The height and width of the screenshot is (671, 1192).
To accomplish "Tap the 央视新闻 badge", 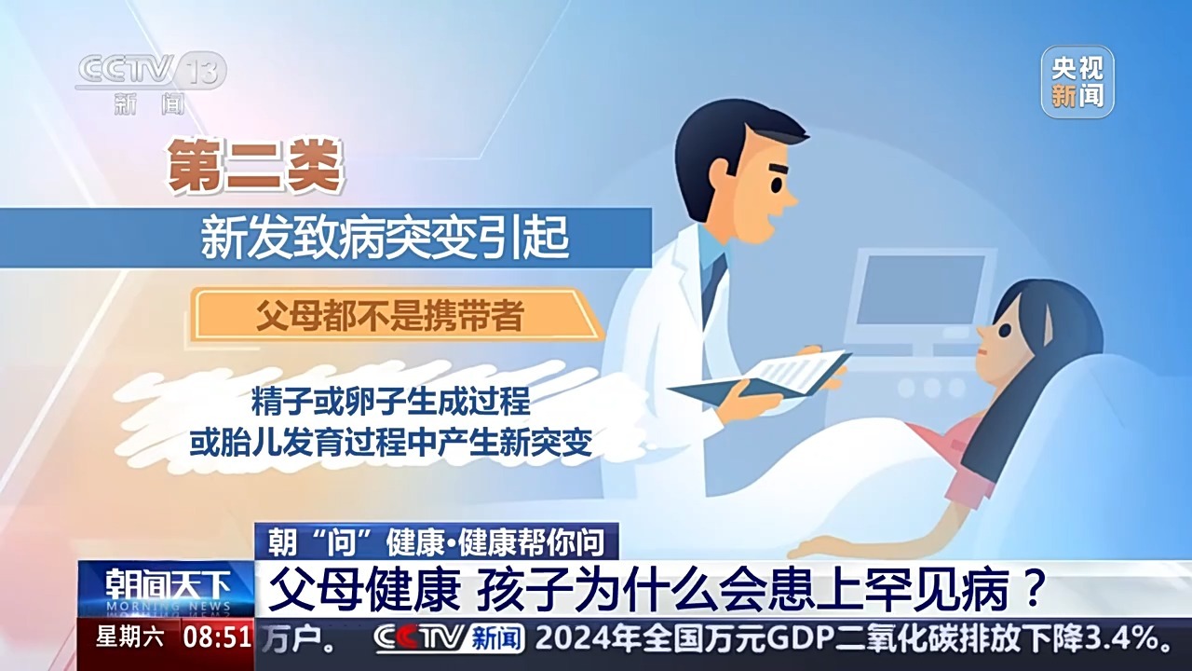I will (x=1077, y=82).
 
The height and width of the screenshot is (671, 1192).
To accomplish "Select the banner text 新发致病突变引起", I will (x=385, y=238).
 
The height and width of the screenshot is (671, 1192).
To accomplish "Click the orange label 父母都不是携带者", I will (x=389, y=316).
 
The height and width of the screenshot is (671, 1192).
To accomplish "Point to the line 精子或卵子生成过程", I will (x=390, y=402).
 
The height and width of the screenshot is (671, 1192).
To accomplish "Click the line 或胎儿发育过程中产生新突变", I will (x=390, y=442).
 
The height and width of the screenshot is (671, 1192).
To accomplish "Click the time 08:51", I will (x=217, y=638).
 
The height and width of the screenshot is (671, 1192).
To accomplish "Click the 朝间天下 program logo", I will (x=166, y=587).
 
